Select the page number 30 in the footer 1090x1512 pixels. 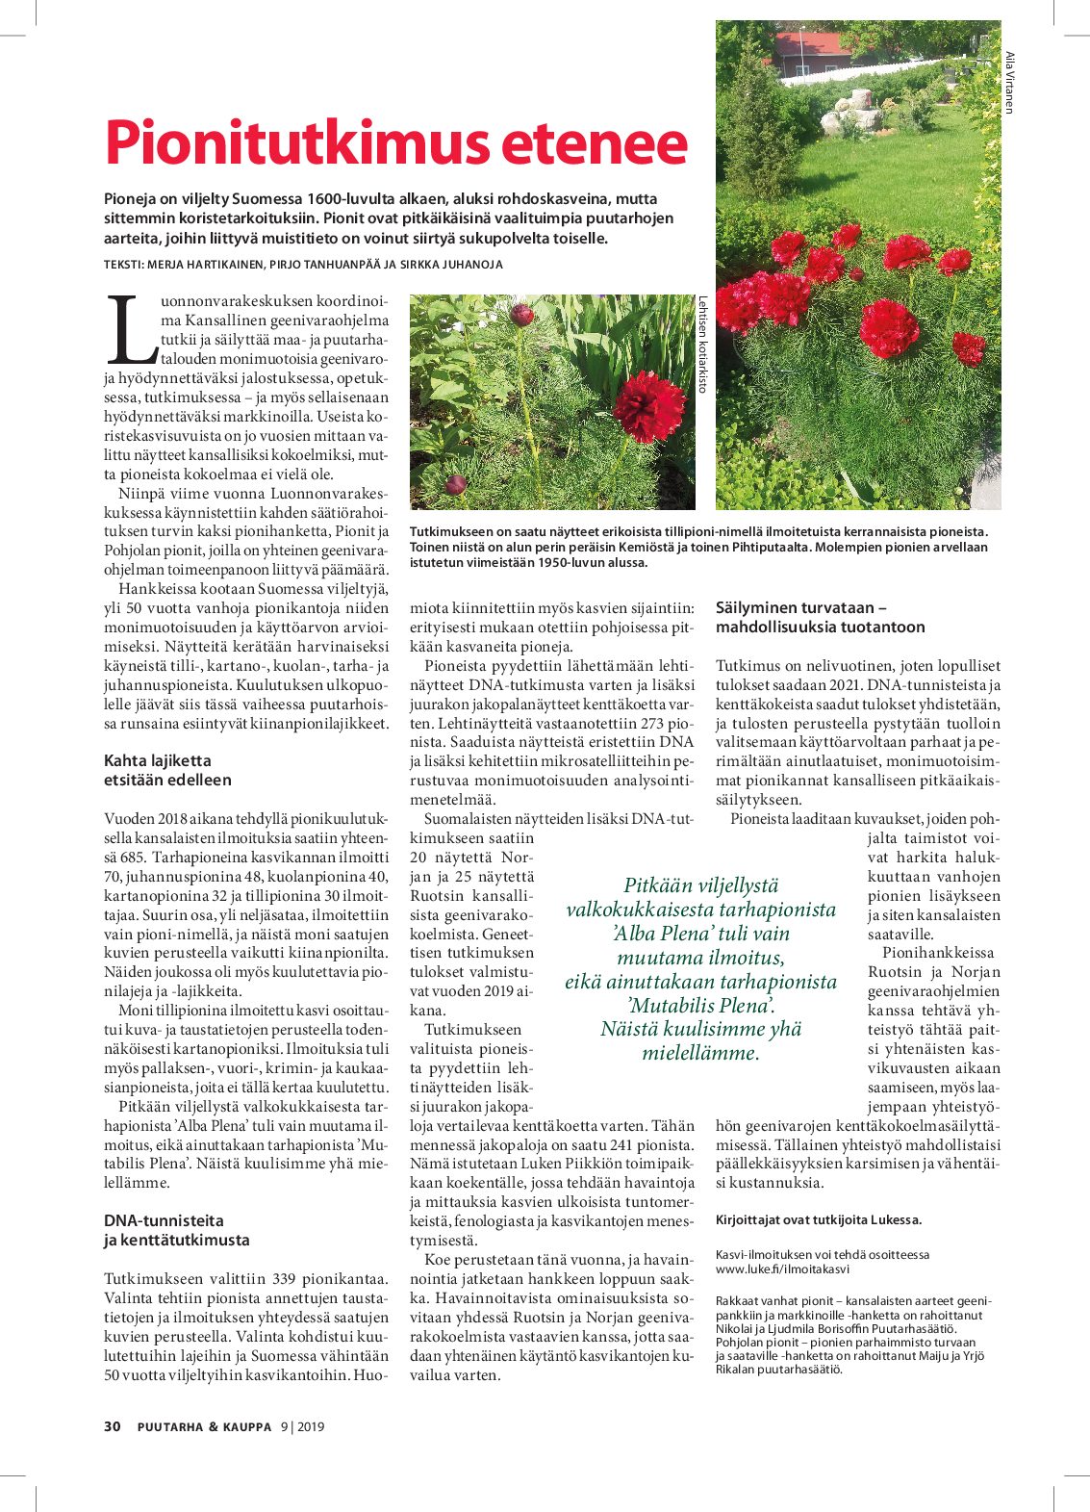pos(113,1426)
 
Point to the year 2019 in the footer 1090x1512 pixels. pos(310,1426)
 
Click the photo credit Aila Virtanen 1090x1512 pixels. pos(1009,82)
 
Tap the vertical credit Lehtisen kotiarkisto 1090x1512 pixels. pos(703,344)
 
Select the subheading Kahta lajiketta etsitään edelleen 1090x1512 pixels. pos(167,770)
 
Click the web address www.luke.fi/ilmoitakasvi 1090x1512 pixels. pos(782,1269)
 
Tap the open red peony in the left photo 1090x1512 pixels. pos(649,407)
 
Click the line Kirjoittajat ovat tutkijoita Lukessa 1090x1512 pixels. pos(818,1219)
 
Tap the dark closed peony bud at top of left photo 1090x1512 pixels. pos(521,315)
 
